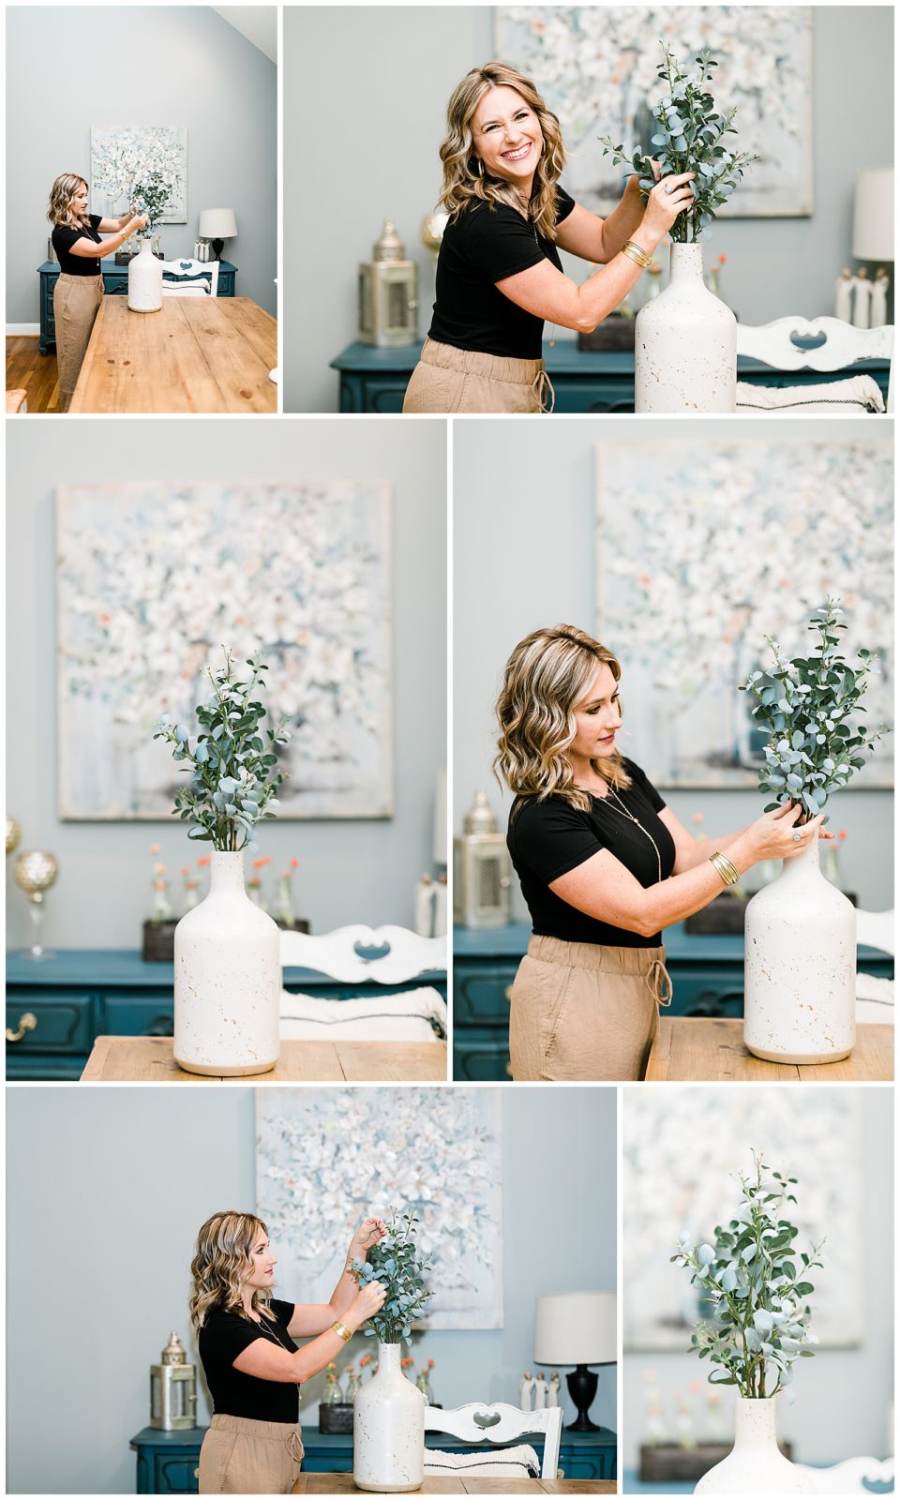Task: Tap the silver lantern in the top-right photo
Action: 387,285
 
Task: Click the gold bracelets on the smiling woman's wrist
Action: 637,253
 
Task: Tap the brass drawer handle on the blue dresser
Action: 20,1027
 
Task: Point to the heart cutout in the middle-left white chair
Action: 368,951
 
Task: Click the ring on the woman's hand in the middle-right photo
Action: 797,834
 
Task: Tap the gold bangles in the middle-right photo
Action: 723,868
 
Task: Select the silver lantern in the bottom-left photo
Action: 173,1382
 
